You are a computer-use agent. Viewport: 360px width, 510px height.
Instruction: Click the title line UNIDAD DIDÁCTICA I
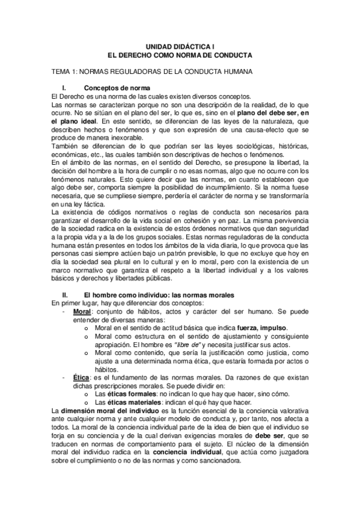180,46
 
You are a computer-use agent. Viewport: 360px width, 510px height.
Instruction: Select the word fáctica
91,204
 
